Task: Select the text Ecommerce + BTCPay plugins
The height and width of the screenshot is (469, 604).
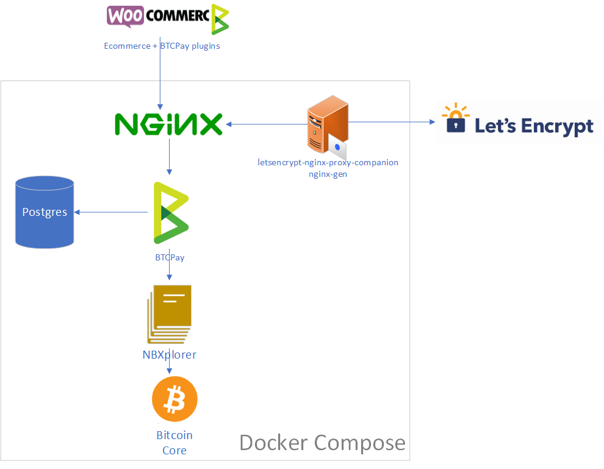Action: tap(162, 46)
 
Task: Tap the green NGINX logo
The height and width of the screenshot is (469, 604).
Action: tap(168, 124)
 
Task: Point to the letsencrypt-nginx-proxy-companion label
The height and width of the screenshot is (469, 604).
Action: tap(328, 163)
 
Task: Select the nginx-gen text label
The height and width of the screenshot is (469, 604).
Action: tap(328, 174)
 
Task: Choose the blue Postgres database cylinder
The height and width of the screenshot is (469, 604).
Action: tap(45, 212)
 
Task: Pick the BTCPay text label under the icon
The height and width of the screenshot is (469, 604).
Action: tap(170, 257)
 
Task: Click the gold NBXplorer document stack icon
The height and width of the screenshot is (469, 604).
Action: tap(170, 314)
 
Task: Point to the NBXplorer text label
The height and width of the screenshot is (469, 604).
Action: tap(169, 354)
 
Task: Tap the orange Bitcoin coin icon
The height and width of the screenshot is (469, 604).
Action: tap(175, 399)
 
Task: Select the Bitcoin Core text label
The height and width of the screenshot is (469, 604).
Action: tap(174, 443)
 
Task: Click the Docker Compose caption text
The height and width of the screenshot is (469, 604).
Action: tap(322, 442)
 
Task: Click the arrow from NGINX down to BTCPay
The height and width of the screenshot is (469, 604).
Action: tap(169, 161)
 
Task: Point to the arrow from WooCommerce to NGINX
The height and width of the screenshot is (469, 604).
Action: tap(160, 79)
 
